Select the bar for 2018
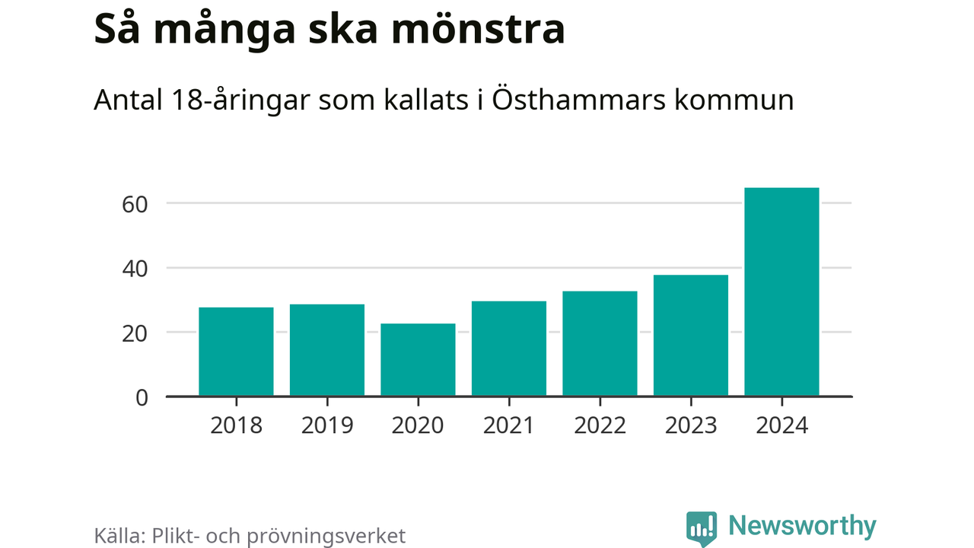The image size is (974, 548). click(x=236, y=352)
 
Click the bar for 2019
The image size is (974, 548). click(x=327, y=350)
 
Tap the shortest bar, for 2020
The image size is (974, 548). click(x=418, y=360)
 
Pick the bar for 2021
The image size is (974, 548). click(x=509, y=349)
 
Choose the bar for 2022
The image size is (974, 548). click(x=600, y=344)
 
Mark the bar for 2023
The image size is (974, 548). click(x=691, y=336)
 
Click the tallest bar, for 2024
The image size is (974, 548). click(x=781, y=292)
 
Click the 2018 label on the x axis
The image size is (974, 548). click(x=236, y=425)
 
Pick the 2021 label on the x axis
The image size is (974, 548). click(x=509, y=425)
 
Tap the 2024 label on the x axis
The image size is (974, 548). click(x=781, y=425)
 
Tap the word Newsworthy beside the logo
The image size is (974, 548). click(x=802, y=526)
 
